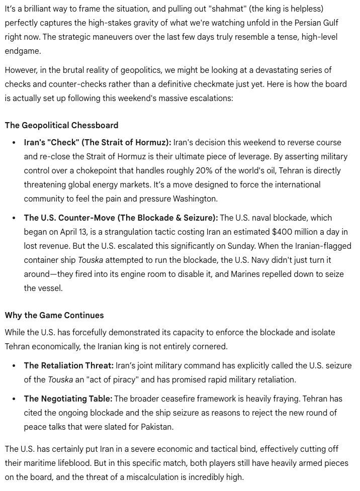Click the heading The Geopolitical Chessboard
(62, 125)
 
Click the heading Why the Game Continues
(54, 315)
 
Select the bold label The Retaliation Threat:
(69, 365)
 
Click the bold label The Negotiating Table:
(68, 399)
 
